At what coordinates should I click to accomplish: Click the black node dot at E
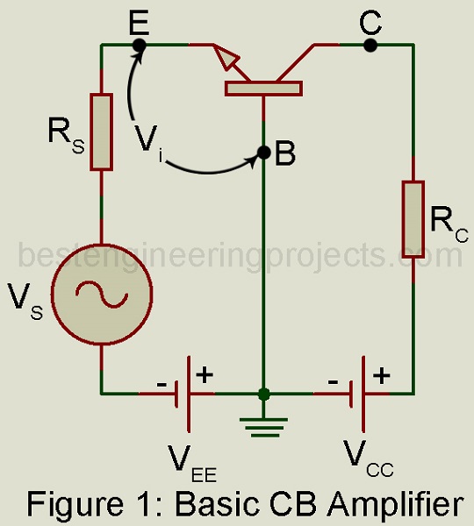(139, 45)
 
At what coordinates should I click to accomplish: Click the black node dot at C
(370, 45)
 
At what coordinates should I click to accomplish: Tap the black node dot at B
(264, 153)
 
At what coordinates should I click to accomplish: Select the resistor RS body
(101, 132)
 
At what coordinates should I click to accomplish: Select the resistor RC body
(413, 219)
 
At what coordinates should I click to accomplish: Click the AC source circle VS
(102, 295)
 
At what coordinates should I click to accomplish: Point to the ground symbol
(264, 428)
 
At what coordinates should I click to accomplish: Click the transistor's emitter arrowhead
(226, 58)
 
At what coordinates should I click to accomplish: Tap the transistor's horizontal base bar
(263, 89)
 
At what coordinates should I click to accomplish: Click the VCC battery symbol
(357, 394)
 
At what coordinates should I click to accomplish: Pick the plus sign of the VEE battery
(205, 374)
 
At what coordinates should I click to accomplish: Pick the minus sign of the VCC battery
(333, 382)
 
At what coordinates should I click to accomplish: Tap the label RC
(449, 224)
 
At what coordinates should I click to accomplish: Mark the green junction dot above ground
(264, 394)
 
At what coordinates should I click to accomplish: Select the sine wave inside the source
(102, 295)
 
